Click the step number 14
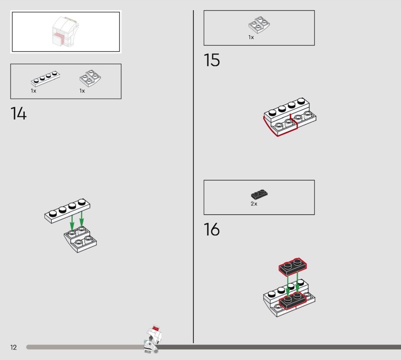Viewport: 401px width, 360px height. coord(19,113)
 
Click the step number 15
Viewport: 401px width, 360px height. coord(212,60)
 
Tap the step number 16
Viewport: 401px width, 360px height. coord(212,229)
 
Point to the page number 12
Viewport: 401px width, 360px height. coord(14,347)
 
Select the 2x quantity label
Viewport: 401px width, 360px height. coord(254,204)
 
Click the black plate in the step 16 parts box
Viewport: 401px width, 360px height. coord(259,195)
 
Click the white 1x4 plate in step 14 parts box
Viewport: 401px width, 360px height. coord(46,79)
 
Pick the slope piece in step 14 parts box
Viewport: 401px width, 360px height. coord(90,78)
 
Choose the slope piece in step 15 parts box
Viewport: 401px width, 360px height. coord(259,25)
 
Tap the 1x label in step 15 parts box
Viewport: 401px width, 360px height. coord(251,38)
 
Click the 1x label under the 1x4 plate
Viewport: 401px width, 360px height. coord(34,91)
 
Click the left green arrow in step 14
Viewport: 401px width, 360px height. coord(72,223)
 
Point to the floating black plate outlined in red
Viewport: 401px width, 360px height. coord(293,267)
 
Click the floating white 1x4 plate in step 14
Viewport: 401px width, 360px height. coord(67,211)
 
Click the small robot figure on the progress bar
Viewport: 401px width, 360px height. coord(153,339)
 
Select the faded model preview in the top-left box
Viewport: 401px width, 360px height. coord(66,32)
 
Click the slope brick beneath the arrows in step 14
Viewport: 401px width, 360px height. coord(80,240)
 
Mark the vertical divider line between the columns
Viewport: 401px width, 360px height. coord(193,176)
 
